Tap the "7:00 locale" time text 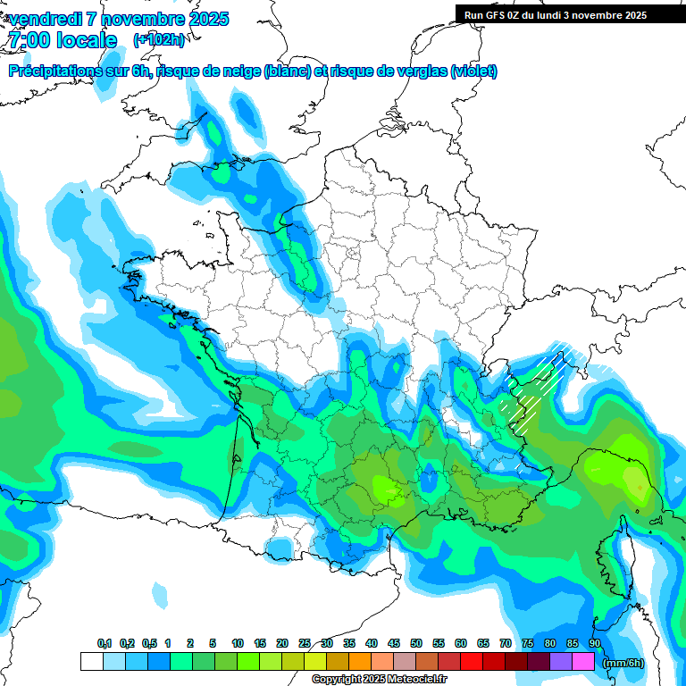pyautogui.click(x=63, y=40)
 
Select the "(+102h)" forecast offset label pyautogui.click(x=159, y=40)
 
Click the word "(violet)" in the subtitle pyautogui.click(x=473, y=71)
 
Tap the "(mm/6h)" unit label pyautogui.click(x=623, y=663)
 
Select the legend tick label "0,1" pyautogui.click(x=105, y=643)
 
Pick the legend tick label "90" pyautogui.click(x=595, y=643)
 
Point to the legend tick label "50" pyautogui.click(x=416, y=643)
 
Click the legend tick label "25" pyautogui.click(x=305, y=643)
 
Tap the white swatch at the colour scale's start pyautogui.click(x=91, y=662)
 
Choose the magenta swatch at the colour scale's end pyautogui.click(x=583, y=662)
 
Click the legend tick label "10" pyautogui.click(x=238, y=643)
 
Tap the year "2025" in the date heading pyautogui.click(x=209, y=19)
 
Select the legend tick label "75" pyautogui.click(x=528, y=643)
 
